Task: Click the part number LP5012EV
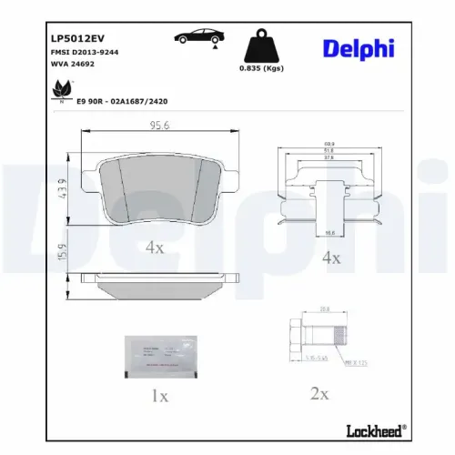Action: [x=73, y=39]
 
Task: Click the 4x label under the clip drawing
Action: [x=330, y=258]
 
